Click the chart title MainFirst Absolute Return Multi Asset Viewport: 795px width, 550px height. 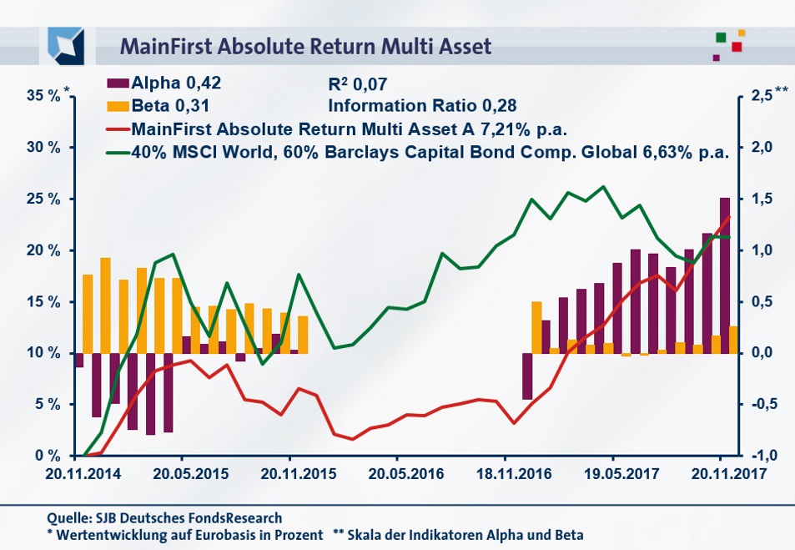306,44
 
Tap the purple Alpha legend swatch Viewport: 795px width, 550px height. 118,83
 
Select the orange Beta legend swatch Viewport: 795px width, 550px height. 118,106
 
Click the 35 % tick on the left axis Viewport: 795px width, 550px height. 44,96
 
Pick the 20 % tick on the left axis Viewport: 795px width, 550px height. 44,250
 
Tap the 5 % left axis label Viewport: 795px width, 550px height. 48,404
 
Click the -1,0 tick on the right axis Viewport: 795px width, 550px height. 758,456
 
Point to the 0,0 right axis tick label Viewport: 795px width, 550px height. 760,353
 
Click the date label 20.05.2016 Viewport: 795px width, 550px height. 397,473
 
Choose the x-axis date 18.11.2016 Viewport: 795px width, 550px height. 505,473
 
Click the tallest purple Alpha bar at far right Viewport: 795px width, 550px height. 725,275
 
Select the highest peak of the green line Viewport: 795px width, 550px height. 603,186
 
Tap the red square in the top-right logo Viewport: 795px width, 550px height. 737,47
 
